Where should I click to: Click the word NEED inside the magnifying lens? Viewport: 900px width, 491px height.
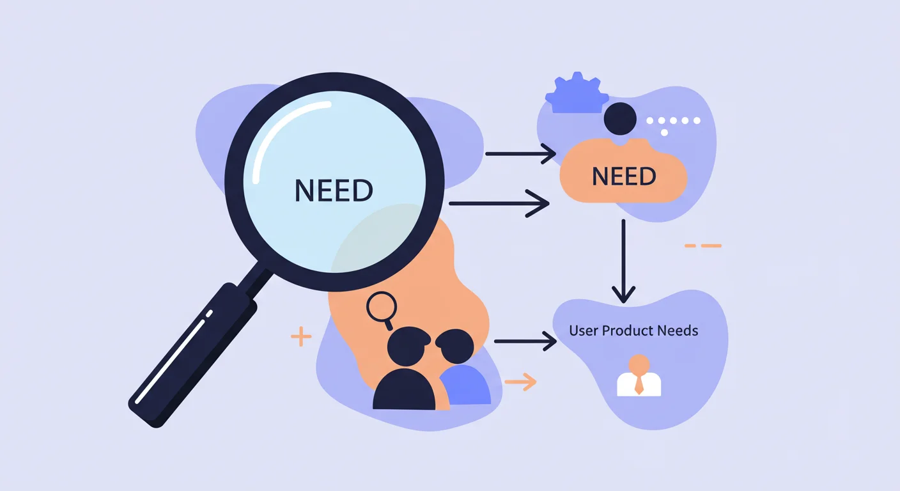pos(334,190)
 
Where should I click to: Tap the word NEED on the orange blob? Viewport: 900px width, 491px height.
pos(624,176)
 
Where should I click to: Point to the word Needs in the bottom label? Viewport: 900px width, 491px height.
pos(678,331)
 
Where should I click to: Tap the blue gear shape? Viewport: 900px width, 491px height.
pos(577,93)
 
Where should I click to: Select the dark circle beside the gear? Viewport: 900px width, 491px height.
pos(620,118)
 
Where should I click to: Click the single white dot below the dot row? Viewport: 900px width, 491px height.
pos(664,132)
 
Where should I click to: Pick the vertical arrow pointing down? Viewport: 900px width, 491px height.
pos(623,261)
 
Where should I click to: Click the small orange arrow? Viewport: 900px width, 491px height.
pos(520,382)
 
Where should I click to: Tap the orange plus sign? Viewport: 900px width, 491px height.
pos(301,336)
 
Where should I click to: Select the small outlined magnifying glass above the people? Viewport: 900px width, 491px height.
pos(382,309)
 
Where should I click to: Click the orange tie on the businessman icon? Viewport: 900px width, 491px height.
pos(639,384)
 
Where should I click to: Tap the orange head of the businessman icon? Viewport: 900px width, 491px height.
pos(639,363)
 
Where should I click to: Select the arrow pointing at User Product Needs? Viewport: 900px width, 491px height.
pos(525,341)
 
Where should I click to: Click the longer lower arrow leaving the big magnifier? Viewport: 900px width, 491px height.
pos(499,203)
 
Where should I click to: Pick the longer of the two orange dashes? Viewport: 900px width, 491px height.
pos(711,245)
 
